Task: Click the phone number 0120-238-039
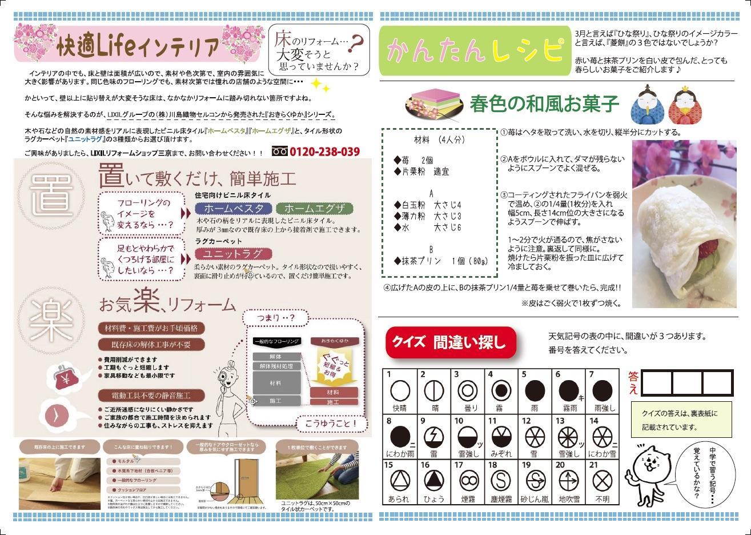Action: (324, 152)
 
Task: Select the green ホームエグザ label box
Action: (314, 208)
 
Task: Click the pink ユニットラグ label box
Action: (233, 254)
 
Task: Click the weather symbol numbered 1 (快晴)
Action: (400, 392)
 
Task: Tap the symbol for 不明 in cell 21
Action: (601, 480)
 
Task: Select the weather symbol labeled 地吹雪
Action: (569, 480)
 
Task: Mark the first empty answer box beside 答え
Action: (657, 383)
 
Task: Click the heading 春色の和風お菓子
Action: (544, 105)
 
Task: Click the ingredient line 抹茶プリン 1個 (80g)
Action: (441, 261)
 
